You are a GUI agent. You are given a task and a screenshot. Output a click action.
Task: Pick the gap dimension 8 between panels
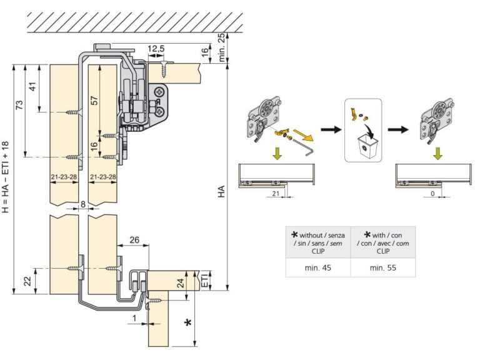(82, 204)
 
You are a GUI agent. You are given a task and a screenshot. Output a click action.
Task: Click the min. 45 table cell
(318, 267)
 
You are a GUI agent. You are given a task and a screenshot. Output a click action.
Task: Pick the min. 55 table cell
(382, 267)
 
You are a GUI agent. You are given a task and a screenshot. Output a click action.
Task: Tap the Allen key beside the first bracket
(306, 146)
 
